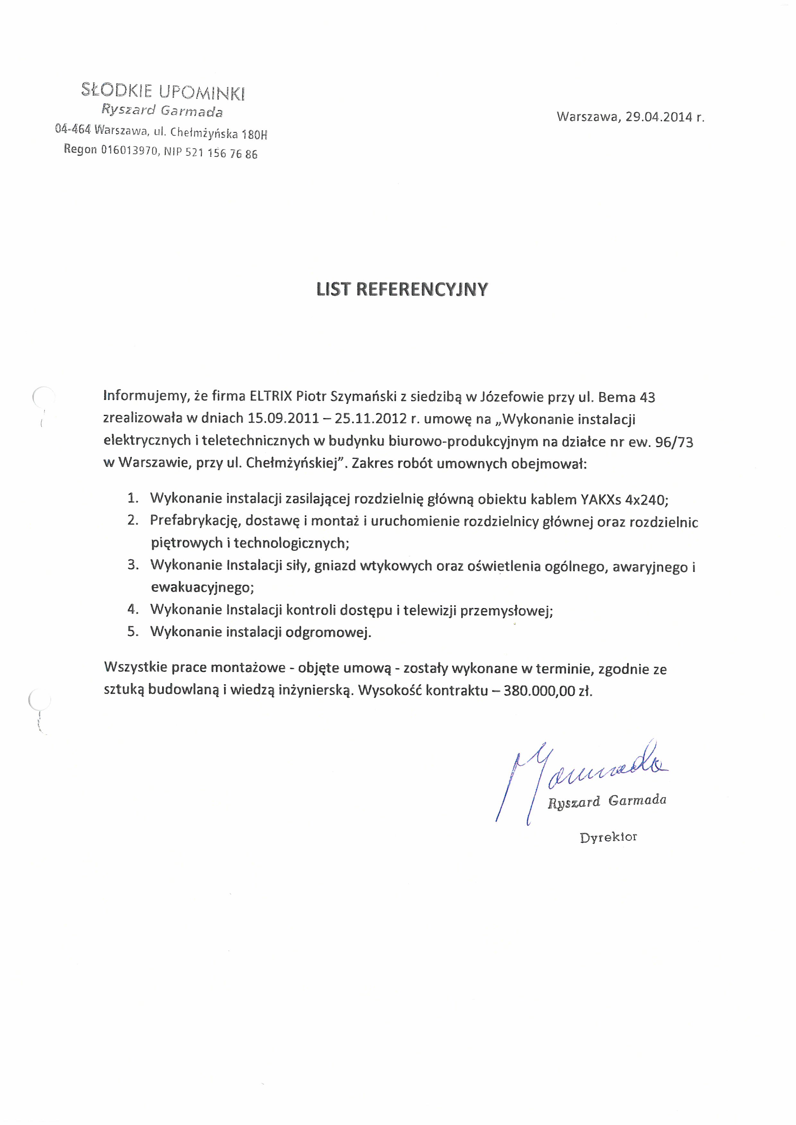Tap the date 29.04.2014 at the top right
coord(659,117)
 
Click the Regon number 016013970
coord(130,150)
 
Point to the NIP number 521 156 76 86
coord(221,153)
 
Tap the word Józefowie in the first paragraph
coord(512,397)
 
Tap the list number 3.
coord(132,565)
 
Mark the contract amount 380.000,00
coord(539,691)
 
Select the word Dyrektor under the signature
coord(608,837)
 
